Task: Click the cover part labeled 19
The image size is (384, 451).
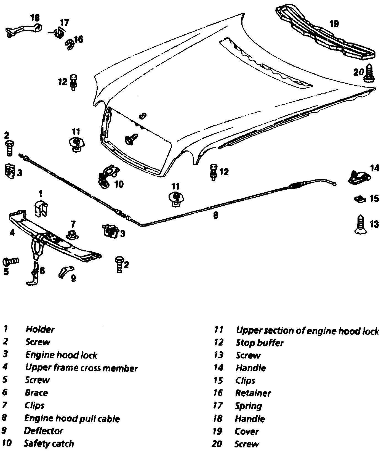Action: [326, 36]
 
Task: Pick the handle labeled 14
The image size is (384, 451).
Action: [357, 177]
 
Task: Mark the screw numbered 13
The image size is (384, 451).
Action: [360, 224]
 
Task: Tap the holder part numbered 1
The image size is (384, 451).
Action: [41, 209]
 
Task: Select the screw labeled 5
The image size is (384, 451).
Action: [10, 261]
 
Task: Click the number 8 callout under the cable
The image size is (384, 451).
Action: [216, 215]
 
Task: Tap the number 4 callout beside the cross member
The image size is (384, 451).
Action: [12, 233]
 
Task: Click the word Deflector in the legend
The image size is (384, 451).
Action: [44, 431]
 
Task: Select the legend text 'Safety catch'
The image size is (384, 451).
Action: [49, 444]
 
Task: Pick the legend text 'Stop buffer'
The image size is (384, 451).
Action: [260, 343]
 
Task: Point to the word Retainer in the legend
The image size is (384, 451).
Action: [253, 393]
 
